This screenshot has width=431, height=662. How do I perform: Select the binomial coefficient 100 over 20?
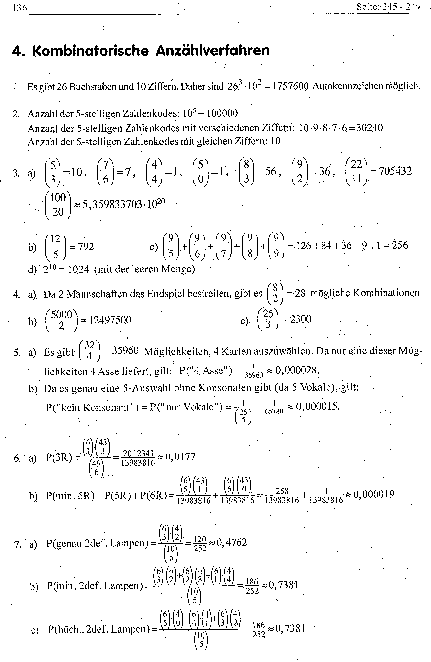58,205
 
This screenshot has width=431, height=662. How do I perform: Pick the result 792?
86,247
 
